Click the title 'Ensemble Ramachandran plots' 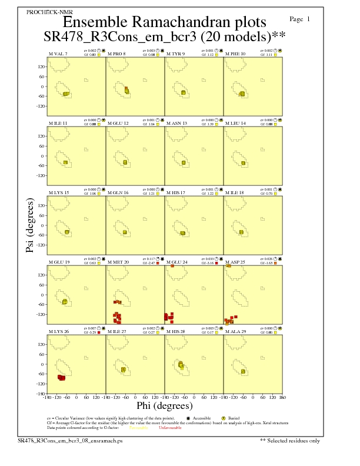click(x=165, y=22)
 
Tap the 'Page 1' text click(x=300, y=19)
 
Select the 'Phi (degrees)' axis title click(x=165, y=405)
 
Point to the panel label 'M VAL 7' click(x=58, y=54)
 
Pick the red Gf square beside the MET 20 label click(x=158, y=263)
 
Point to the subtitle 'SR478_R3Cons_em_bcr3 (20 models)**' click(x=165, y=36)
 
